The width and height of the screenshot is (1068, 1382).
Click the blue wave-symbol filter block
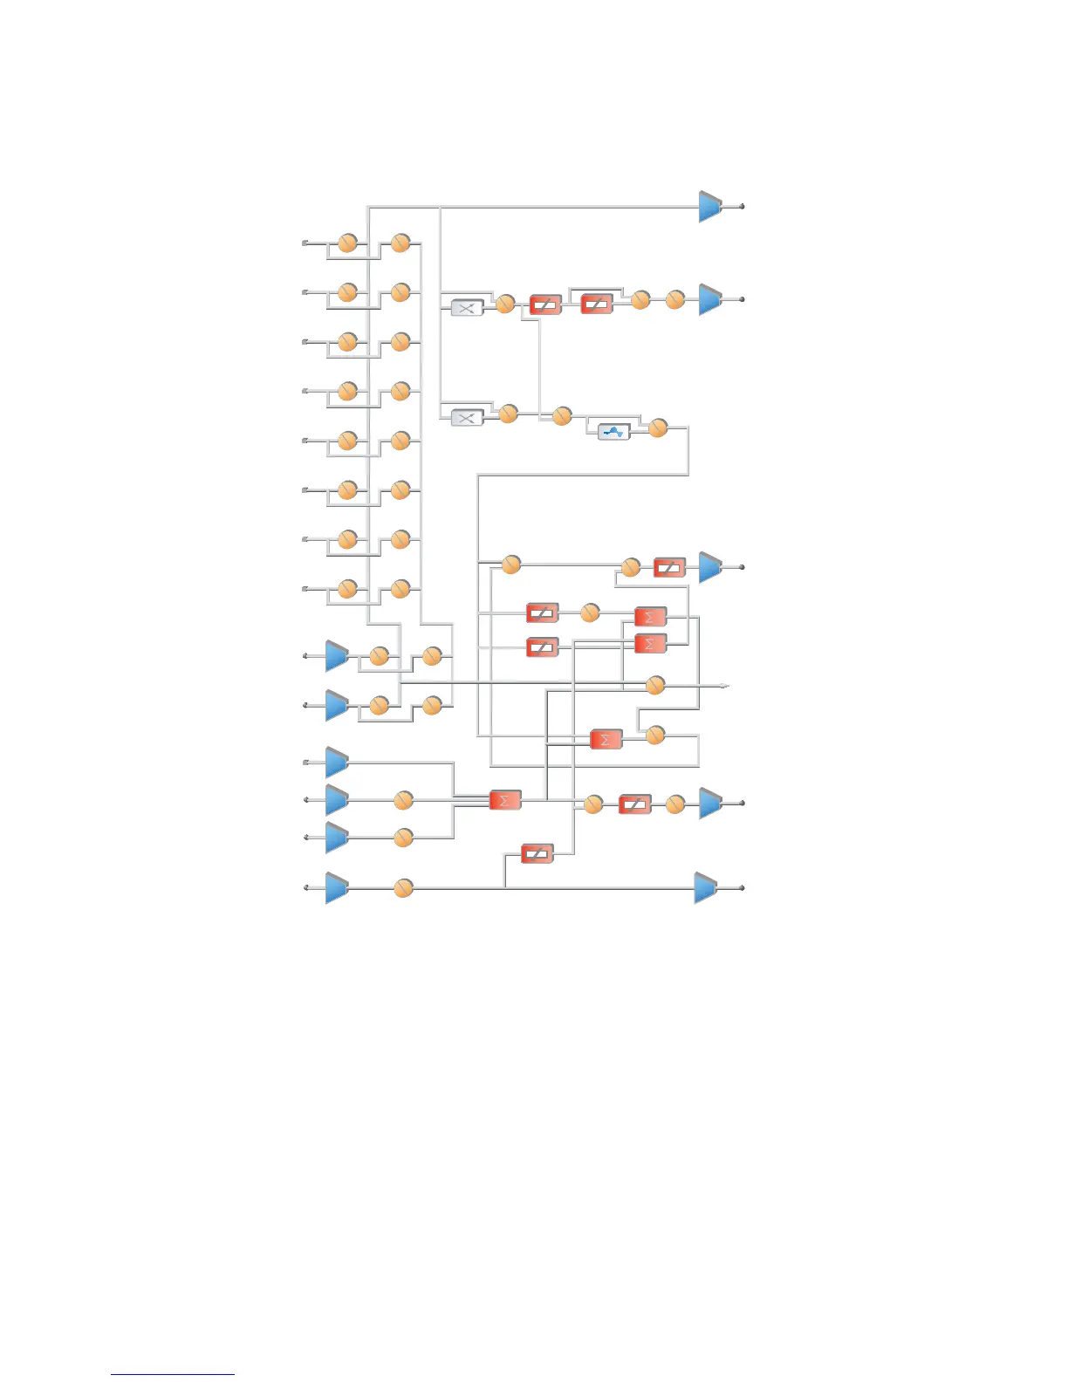tap(614, 431)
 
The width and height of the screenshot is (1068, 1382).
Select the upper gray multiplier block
tap(467, 307)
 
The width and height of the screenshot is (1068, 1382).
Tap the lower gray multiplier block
tap(467, 418)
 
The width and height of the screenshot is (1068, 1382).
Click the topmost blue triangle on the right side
tap(710, 207)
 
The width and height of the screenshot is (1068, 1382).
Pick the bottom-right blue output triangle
tap(706, 887)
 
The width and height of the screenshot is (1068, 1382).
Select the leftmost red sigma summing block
tap(504, 800)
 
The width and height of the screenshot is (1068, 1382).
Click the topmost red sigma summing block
tap(650, 617)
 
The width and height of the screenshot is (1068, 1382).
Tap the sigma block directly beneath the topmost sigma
tap(650, 644)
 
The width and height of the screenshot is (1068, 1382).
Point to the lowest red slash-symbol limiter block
tap(537, 853)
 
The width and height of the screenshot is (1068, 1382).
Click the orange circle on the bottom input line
tap(402, 888)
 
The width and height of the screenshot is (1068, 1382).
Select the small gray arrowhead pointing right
tap(723, 686)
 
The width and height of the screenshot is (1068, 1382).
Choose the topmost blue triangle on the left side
tap(337, 655)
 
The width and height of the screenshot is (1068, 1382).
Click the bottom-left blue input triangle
tap(337, 887)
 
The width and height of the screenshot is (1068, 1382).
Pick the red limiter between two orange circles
tap(634, 804)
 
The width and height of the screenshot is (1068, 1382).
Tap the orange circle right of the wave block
tap(658, 428)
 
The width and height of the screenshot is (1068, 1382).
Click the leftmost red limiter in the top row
tap(545, 305)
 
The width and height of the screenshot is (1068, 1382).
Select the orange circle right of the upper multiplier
tap(504, 304)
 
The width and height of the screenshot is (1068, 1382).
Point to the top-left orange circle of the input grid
tap(347, 243)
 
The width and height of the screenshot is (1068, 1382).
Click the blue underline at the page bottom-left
tap(173, 1374)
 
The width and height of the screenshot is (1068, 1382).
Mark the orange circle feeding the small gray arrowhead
tap(655, 686)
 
